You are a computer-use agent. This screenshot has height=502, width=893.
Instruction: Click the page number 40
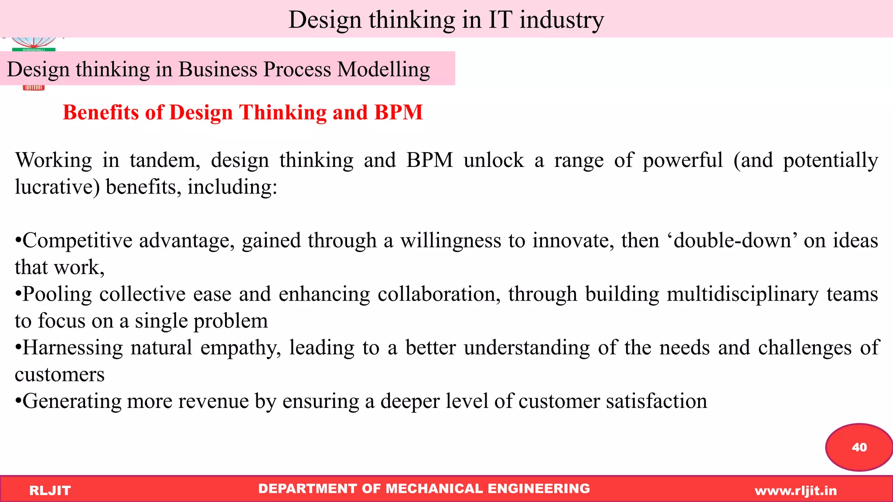pos(859,447)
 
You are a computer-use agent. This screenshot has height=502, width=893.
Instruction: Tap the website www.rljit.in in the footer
pos(796,491)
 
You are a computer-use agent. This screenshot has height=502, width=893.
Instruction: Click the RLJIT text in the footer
pos(50,491)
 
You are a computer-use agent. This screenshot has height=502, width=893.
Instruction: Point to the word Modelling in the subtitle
pos(384,70)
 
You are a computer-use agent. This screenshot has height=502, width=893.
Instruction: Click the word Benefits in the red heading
pos(101,112)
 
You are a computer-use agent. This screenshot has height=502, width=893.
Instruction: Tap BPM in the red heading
pos(399,112)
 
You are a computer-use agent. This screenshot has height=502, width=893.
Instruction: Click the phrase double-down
pos(732,241)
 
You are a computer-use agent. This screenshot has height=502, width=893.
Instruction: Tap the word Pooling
pos(57,294)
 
